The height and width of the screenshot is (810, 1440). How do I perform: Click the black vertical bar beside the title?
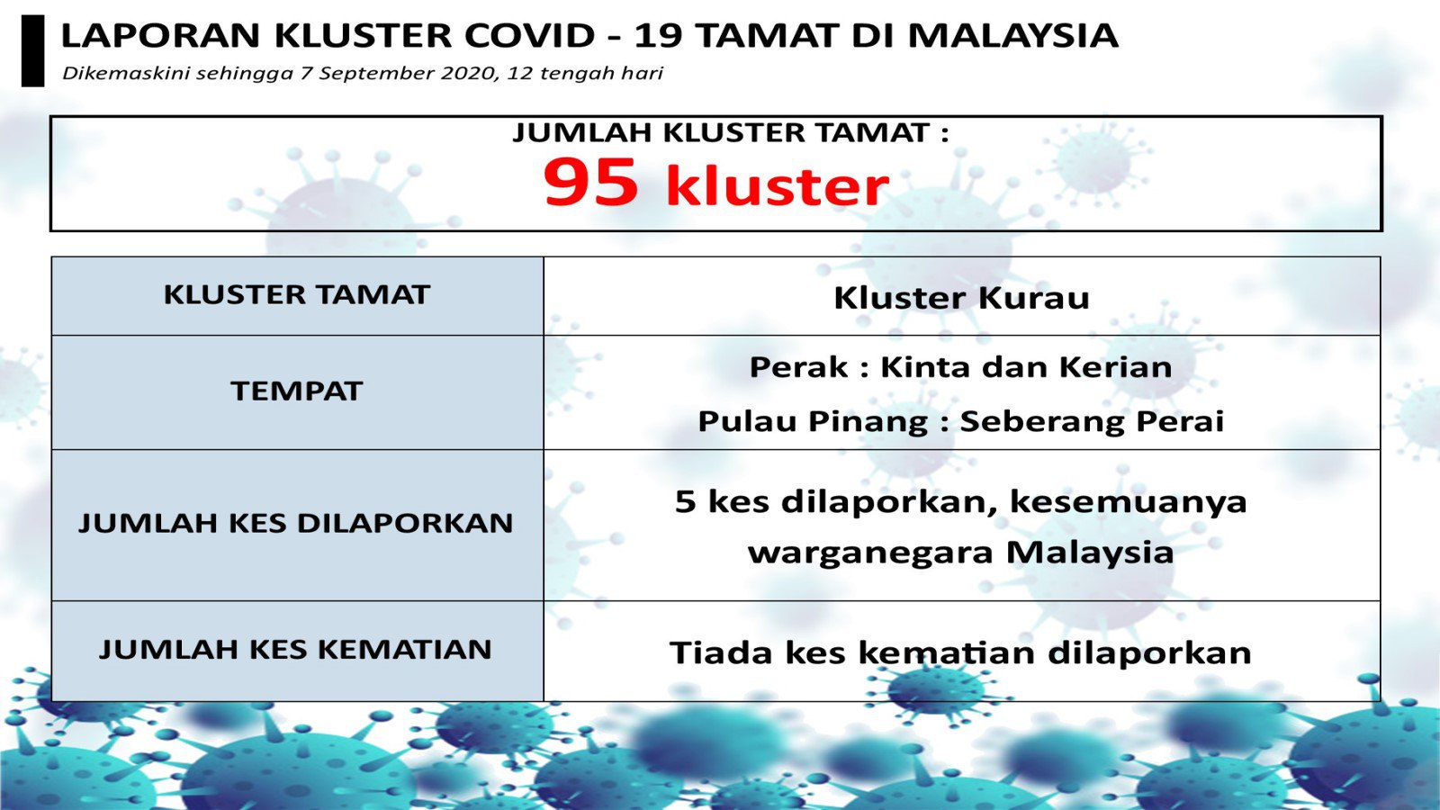32,50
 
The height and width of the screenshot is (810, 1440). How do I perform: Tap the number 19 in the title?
658,36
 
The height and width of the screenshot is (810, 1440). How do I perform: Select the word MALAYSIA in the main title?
1012,36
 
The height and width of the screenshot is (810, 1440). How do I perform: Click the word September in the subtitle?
376,74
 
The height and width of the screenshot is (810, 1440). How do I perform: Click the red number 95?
591,182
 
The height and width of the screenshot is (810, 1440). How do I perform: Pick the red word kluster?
778,185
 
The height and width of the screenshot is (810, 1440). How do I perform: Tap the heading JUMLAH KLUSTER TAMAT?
730,133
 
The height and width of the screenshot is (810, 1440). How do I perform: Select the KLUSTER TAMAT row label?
297,295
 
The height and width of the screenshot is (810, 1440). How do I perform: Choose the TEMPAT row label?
297,391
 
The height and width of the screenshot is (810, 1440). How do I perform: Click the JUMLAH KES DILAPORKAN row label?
296,523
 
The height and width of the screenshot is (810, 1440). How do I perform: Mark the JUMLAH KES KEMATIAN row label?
296,649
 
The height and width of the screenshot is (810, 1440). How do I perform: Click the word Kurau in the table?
1034,298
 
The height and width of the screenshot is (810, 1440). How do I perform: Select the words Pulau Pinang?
814,422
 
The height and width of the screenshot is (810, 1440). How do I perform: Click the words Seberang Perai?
1093,422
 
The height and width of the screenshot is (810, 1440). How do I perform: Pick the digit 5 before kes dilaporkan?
685,501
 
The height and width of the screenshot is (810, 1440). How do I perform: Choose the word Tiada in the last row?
721,652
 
